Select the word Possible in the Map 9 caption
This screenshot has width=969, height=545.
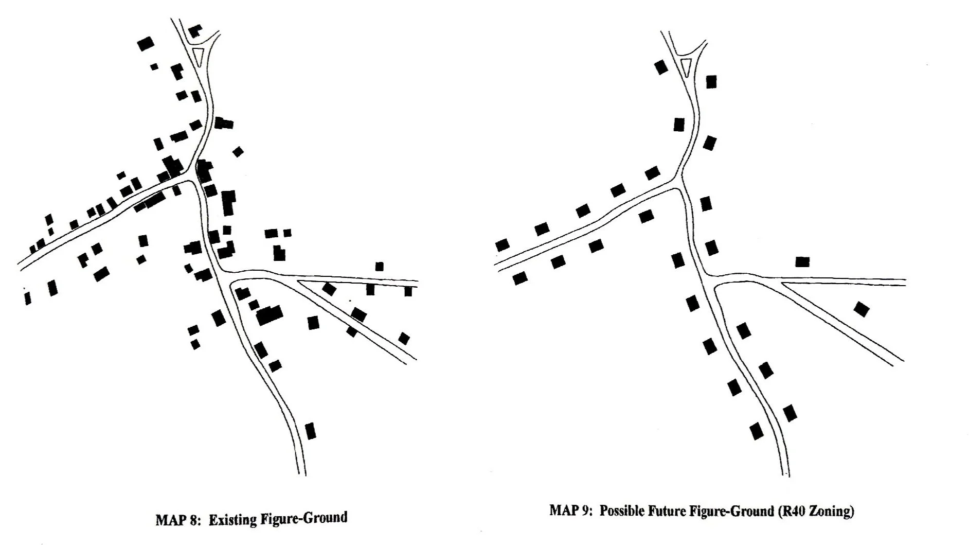[619, 511]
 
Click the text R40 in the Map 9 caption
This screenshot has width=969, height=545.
[794, 511]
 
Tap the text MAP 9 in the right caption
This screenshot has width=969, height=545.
[569, 511]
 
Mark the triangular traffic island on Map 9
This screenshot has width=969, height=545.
[686, 65]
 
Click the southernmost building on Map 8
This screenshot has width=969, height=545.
[310, 430]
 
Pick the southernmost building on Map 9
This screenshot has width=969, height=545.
[756, 431]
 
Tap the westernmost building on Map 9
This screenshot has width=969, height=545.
[502, 245]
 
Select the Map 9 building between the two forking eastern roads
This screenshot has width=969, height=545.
[862, 309]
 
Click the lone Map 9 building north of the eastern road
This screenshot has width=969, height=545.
[802, 261]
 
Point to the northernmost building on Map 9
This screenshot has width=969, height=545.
[661, 67]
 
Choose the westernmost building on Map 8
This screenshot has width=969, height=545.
[28, 297]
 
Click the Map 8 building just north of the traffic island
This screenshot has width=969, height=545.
[194, 31]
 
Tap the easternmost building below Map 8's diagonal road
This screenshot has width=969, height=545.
[404, 338]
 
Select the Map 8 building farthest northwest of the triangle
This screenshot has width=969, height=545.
[146, 43]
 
